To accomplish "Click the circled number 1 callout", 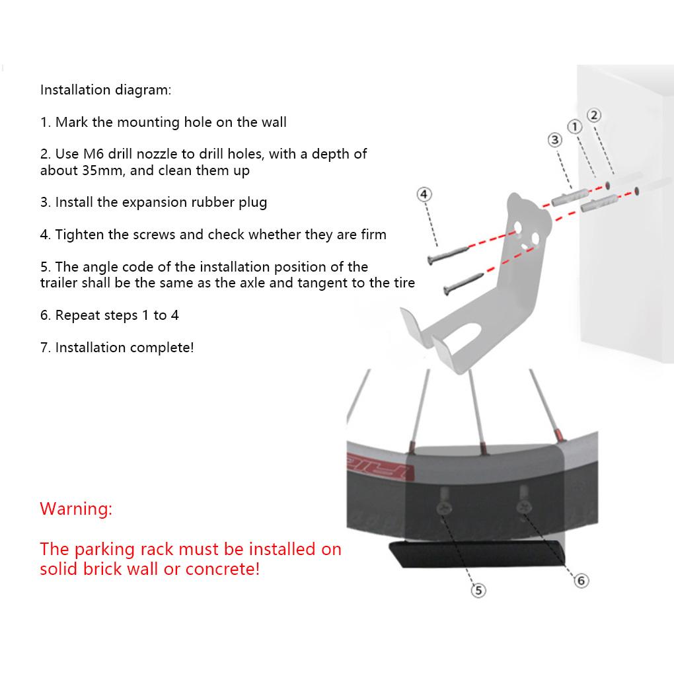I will click(x=575, y=126).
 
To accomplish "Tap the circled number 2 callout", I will click(x=594, y=115).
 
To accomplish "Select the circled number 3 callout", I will click(x=554, y=139).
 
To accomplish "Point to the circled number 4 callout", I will click(x=424, y=194).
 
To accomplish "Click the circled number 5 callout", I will click(x=478, y=590).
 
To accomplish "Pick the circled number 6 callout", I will click(x=581, y=581).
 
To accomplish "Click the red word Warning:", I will click(x=76, y=509).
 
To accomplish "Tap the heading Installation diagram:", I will click(x=106, y=90).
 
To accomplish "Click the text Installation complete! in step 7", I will click(x=124, y=348).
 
